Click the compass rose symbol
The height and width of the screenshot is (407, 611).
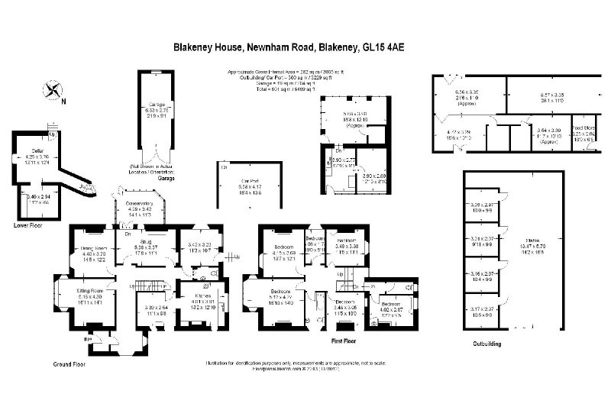tap(54, 90)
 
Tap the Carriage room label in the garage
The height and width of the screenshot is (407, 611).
tap(157, 104)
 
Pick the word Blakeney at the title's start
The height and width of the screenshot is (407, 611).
tap(198, 47)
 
